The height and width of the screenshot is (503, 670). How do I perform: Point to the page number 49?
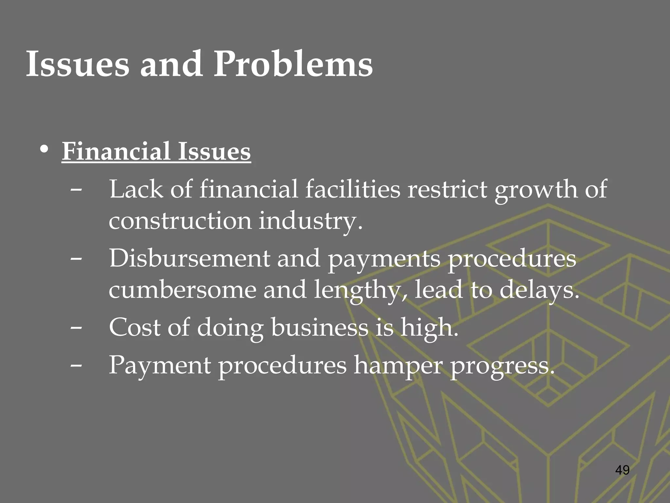[x=622, y=470]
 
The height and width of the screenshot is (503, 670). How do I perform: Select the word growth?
[x=536, y=190]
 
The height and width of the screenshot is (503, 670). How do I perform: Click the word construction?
[x=180, y=220]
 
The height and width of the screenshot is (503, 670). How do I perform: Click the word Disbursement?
[x=190, y=258]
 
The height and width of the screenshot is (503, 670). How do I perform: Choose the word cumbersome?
[x=183, y=290]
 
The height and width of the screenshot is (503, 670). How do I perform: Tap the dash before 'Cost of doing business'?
[x=76, y=328]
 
